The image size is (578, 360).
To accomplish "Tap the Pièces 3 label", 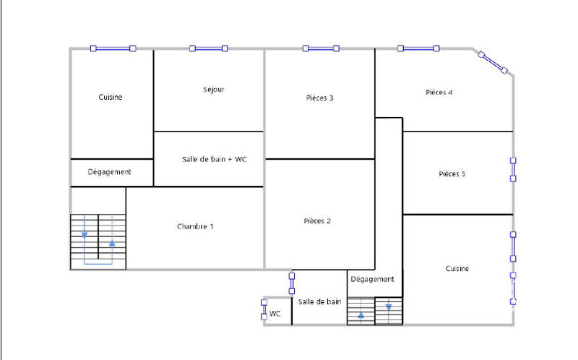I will coord(319,98).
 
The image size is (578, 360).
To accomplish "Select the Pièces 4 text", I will coord(439,93).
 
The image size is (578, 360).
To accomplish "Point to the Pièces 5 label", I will coord(452,173).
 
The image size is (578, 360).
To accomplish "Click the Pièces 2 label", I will coord(317,221).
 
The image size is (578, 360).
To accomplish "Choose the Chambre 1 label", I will coord(195,227).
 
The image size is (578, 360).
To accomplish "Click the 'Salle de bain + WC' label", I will coord(214,158).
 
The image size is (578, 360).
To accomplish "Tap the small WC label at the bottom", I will coord(275,314).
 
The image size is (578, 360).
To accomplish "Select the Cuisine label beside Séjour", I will coord(111,98).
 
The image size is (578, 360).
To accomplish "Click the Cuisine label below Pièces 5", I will coord(457,269).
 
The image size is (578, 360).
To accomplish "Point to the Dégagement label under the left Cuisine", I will coord(109,172).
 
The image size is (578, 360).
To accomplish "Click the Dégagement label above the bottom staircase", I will coord(372,279).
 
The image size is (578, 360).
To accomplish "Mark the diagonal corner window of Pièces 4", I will coord(493,61).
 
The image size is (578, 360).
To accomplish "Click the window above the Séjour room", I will coord(208,48).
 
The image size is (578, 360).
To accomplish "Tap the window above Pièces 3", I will coord(321,48).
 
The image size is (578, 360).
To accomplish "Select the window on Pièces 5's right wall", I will coord(513,169).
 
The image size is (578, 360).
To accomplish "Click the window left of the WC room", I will coord(263,309).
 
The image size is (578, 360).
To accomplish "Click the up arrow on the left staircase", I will coord(112,244).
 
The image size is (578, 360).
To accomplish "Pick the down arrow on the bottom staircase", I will coord(389,307).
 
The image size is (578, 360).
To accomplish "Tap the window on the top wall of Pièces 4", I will coord(419,48).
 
